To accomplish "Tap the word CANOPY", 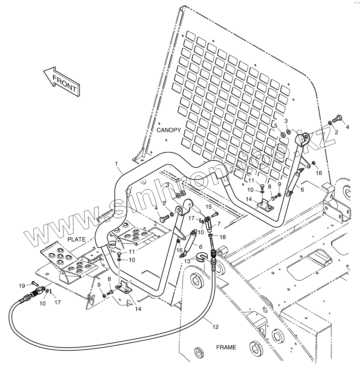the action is [169, 130].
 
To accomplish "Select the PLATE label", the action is [76, 239].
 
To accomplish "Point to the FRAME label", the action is [226, 347].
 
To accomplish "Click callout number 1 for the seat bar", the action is [116, 164].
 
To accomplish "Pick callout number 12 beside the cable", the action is [215, 327].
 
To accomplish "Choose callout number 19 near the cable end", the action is [22, 285].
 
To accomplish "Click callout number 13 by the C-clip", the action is [187, 261].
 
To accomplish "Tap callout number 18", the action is [223, 237].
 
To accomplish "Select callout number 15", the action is [209, 207].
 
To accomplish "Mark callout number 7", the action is [219, 224].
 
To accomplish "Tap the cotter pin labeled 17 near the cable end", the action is [51, 292].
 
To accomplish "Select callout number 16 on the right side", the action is [319, 173].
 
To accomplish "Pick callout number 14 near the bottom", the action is [138, 309].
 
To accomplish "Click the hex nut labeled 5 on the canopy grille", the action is [283, 135].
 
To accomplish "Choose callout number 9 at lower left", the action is [99, 285].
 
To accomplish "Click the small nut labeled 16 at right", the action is [314, 163].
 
